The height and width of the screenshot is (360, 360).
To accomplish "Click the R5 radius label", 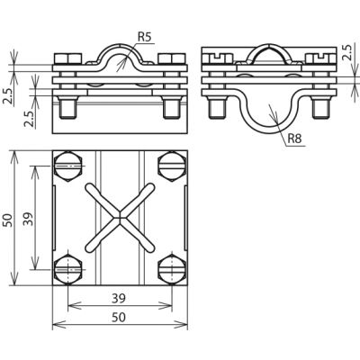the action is tap(145, 37).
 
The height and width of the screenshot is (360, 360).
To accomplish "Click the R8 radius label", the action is tap(294, 139).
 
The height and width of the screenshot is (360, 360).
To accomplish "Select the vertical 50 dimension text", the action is tap(8, 220).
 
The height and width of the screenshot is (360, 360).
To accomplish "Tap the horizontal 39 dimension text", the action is tap(119, 298).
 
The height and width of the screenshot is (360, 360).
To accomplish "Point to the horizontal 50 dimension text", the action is tap(119, 318).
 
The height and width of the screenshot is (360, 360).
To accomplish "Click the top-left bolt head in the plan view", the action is tap(68, 166).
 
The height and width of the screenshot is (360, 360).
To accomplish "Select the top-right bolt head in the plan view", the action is tap(172, 166).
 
